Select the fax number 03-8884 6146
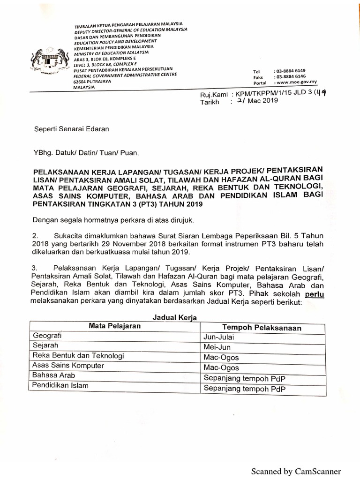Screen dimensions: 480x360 tap(290, 76)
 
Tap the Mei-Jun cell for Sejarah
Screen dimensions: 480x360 tap(217, 348)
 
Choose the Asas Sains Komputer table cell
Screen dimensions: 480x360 tap(68, 365)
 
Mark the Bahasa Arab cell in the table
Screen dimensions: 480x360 tap(53, 375)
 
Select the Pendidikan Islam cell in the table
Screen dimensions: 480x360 tap(60, 386)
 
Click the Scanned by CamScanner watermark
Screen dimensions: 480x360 tap(296, 471)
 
